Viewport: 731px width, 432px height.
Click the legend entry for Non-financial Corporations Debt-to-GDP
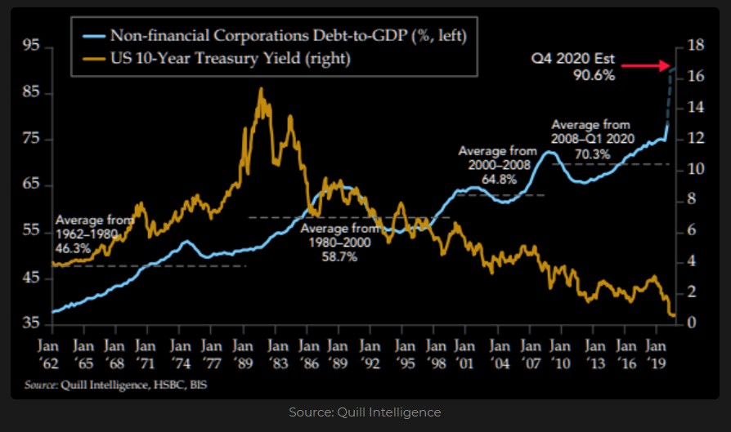coord(270,36)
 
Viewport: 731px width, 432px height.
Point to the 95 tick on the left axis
coord(31,47)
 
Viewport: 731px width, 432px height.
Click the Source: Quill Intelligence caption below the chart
coord(365,412)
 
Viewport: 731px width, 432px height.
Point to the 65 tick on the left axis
coord(31,185)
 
